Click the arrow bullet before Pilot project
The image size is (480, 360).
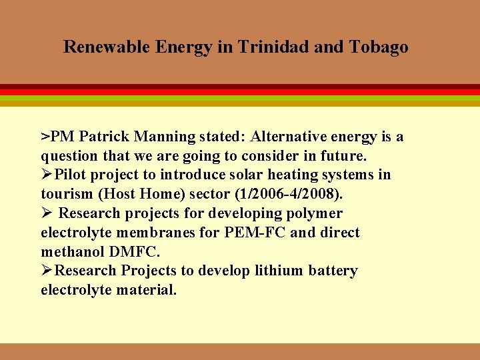pyautogui.click(x=47, y=175)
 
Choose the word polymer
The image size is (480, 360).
pyautogui.click(x=315, y=213)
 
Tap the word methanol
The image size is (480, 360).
pyautogui.click(x=69, y=252)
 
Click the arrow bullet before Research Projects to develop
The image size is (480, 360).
pyautogui.click(x=47, y=271)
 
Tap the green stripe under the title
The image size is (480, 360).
pyautogui.click(x=240, y=98)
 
